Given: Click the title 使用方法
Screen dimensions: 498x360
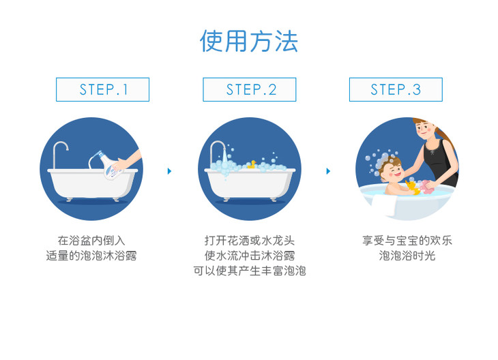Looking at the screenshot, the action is pos(249,42).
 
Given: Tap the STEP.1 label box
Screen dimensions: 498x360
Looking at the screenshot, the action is pos(102,89).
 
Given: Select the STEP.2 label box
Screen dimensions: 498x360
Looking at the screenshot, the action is pos(249,89).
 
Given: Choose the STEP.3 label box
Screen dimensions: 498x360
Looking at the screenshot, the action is pos(396,89).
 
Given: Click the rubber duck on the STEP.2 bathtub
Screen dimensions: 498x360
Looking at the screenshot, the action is pos(252,164).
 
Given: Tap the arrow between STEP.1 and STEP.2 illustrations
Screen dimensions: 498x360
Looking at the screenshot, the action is pos(169,171).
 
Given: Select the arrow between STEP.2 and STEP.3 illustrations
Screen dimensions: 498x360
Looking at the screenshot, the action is pos(328,171).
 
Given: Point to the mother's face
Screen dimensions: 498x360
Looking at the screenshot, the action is pos(424,130).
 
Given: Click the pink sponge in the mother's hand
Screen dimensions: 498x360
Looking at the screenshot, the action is pos(426,187).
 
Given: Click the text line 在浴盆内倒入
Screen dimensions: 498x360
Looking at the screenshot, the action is pos(91,240).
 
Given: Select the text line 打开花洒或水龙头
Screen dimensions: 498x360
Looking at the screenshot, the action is pos(250,240).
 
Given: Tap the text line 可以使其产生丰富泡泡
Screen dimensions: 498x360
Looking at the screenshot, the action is pos(250,271).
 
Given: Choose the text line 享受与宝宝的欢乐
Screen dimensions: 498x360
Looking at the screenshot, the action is pos(407,240).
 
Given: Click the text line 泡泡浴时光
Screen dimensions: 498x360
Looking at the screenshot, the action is pos(407,256).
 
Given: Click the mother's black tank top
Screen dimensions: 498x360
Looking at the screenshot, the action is pos(441,162).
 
